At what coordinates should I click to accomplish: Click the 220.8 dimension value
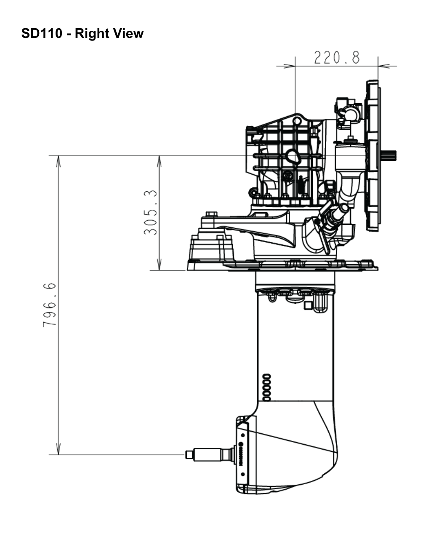[337, 57]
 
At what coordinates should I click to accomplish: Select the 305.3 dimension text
[151, 212]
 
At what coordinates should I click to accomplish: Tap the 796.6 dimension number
[50, 305]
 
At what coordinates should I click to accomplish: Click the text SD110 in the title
[42, 33]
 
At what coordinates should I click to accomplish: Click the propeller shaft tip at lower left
[189, 455]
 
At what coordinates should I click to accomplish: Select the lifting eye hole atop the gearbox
[297, 121]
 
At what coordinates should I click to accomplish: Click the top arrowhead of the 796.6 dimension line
[59, 161]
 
